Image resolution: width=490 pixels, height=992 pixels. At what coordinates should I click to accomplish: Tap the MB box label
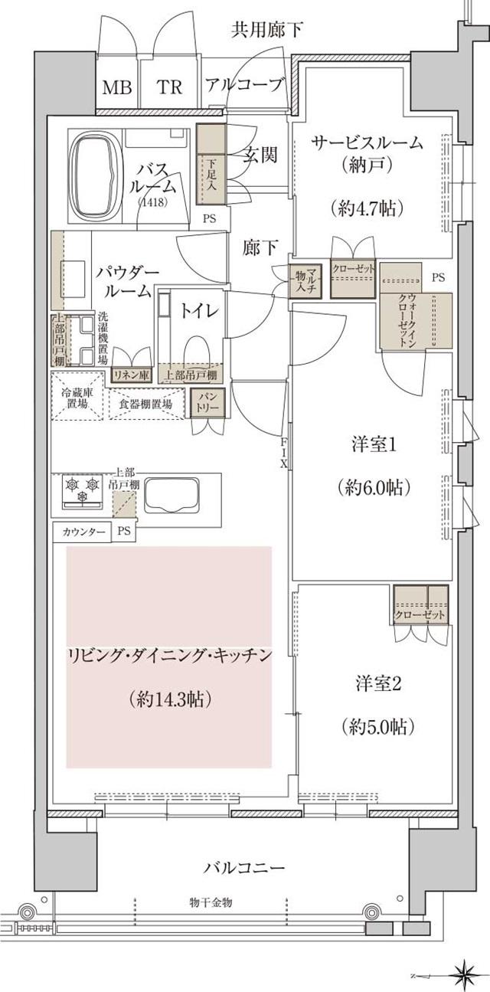point(116,87)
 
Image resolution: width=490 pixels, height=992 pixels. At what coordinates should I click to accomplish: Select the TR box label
point(170,87)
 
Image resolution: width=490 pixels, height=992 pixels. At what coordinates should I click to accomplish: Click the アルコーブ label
point(245,85)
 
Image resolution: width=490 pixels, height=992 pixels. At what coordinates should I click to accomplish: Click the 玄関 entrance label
point(260,154)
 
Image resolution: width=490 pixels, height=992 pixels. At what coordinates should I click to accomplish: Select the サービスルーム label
point(368,142)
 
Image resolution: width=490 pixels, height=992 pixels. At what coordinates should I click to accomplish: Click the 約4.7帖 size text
point(368,207)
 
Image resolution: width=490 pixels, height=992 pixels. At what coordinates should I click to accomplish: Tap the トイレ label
point(201,310)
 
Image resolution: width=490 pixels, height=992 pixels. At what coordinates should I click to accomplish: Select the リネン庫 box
point(132,375)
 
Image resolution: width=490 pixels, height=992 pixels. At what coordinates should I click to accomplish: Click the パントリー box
point(206,402)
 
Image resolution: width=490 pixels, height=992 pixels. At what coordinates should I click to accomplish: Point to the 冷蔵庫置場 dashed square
point(77,397)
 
